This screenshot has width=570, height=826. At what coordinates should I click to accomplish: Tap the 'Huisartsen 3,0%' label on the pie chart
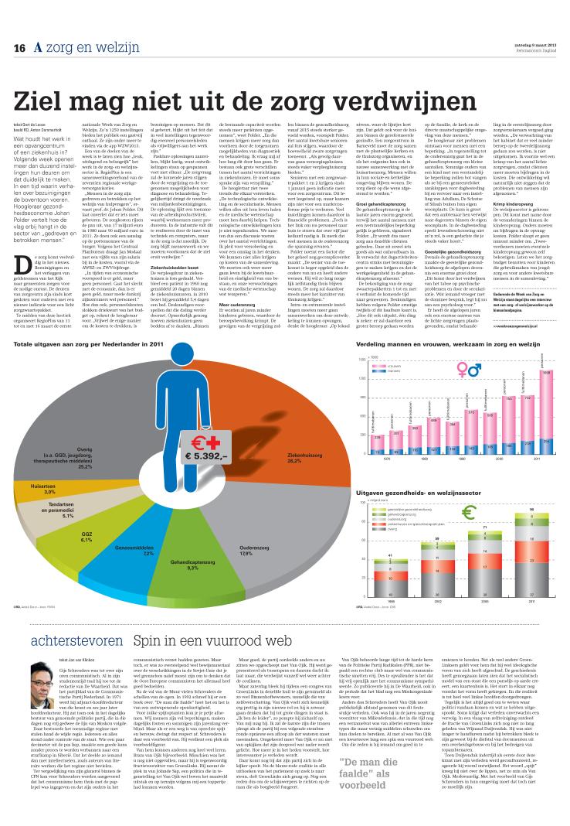point(44,490)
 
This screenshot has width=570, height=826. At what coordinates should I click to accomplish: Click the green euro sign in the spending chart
point(467,512)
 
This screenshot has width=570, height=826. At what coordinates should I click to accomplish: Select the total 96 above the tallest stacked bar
point(531,509)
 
